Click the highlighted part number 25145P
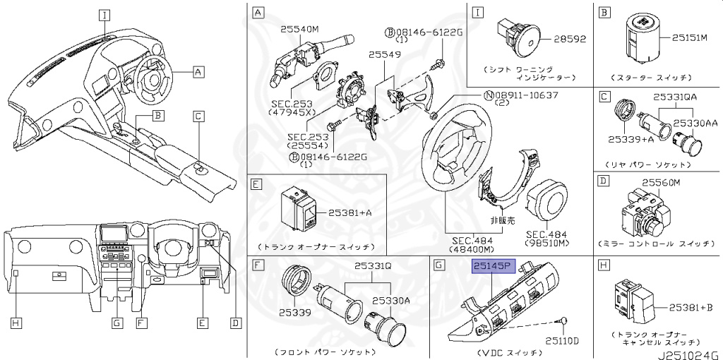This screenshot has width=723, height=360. pos(495,267)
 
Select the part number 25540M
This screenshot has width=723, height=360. pos(300,30)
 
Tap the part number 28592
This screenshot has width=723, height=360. pos(569,38)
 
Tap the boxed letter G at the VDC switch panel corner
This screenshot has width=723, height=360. pos(438,265)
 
